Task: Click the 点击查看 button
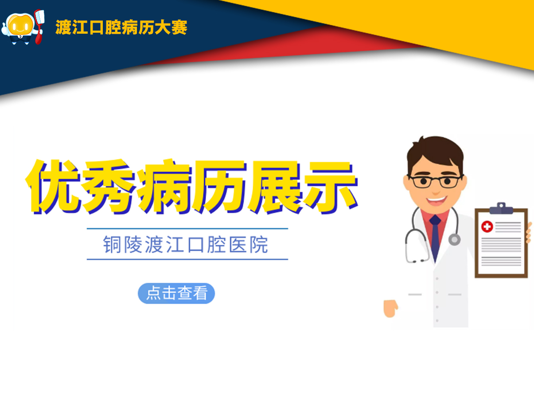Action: pos(176,293)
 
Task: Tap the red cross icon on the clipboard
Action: pos(487,227)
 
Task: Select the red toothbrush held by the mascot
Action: pos(39,26)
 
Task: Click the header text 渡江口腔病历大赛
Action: pos(121,27)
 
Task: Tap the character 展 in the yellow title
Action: pos(275,187)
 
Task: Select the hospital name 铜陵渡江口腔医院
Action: pos(185,244)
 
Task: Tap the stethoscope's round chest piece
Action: pos(454,240)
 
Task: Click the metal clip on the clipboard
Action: pos(501,208)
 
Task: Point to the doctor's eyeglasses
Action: pos(436,182)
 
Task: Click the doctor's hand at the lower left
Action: pos(390,308)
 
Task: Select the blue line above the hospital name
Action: pos(187,229)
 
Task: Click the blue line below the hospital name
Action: pos(187,259)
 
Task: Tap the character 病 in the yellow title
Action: pos(165,187)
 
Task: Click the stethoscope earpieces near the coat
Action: pos(417,261)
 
